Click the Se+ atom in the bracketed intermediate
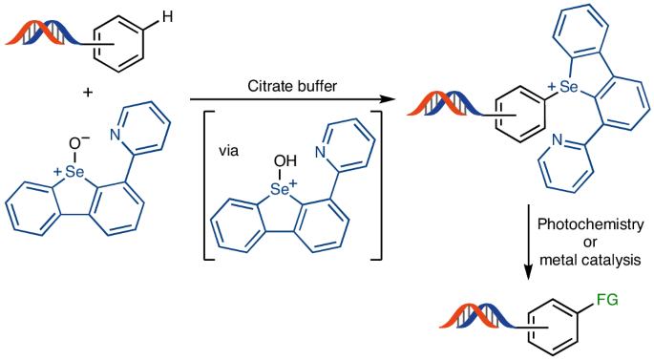(x=281, y=190)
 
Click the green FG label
(x=607, y=300)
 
